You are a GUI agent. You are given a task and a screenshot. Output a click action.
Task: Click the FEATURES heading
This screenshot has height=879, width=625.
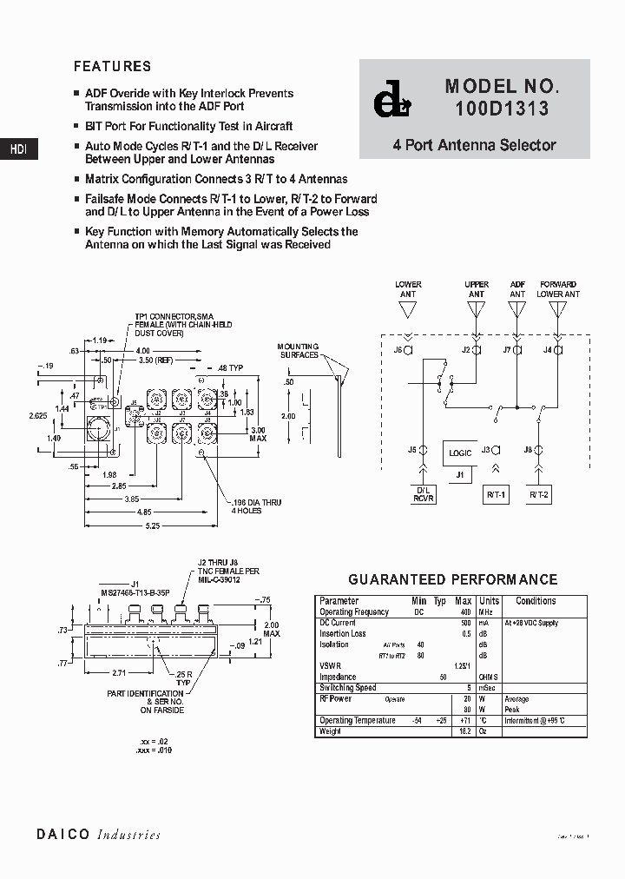point(112,66)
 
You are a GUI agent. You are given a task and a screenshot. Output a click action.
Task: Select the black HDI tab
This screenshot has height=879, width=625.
point(18,149)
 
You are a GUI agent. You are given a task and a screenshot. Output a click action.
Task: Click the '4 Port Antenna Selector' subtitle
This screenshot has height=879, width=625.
point(474,145)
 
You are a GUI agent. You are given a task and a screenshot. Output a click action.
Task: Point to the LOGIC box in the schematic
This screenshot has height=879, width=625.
point(460,453)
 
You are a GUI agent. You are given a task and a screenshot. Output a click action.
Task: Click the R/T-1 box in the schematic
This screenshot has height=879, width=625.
point(497,494)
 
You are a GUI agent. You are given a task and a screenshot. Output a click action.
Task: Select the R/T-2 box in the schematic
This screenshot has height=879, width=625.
point(538,494)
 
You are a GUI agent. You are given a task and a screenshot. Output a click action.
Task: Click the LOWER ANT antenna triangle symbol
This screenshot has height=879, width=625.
point(408,310)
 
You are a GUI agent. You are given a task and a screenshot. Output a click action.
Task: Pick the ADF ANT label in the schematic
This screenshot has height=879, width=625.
point(517,289)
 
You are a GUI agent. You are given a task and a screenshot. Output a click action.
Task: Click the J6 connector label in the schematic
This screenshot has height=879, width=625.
point(398,350)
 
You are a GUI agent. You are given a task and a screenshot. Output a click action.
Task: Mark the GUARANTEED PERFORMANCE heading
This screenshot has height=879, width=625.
point(452,579)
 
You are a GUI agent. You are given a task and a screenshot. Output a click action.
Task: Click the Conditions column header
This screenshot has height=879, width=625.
point(536,601)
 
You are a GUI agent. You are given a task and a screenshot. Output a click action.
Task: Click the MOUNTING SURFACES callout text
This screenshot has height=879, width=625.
point(298,350)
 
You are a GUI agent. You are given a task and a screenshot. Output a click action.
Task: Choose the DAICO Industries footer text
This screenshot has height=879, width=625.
point(98,835)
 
